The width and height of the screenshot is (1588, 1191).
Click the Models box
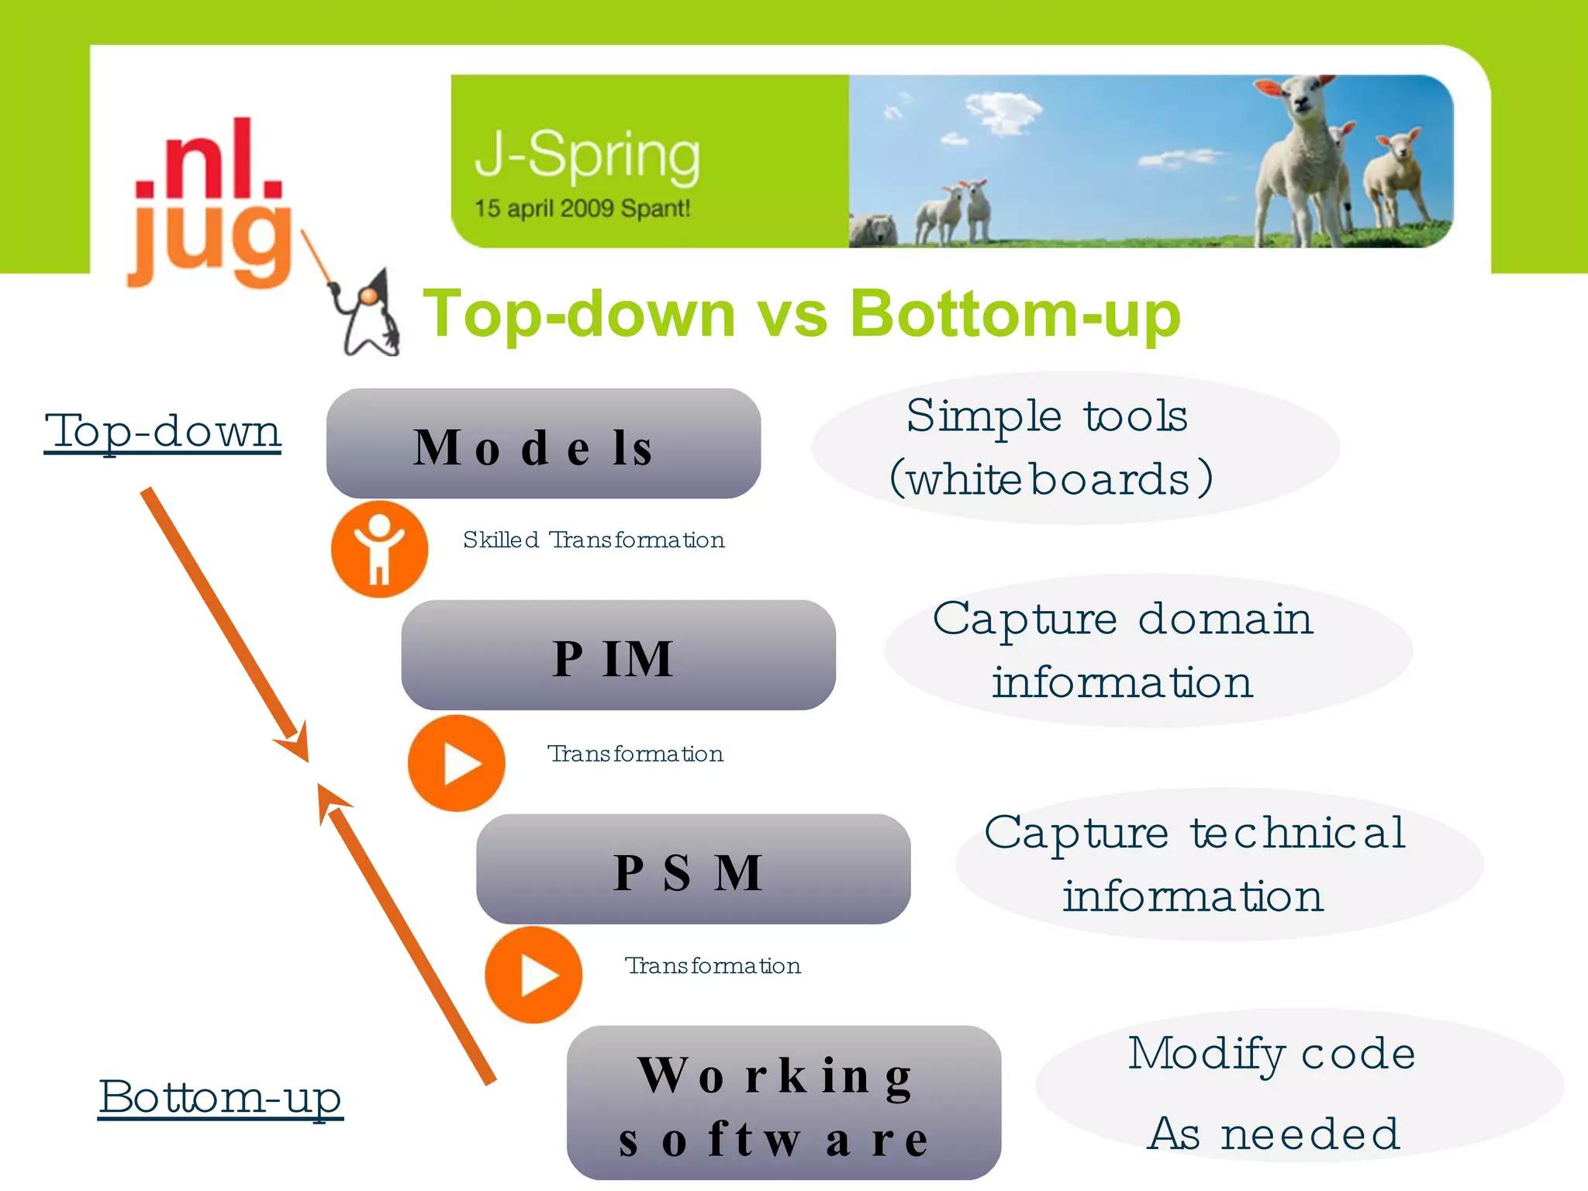click(543, 444)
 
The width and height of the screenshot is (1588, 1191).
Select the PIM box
click(618, 655)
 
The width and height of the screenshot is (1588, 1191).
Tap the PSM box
click(692, 869)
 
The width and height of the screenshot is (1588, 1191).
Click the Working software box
click(783, 1103)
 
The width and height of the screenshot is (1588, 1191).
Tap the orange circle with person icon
click(379, 549)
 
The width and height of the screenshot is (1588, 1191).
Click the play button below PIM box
click(457, 763)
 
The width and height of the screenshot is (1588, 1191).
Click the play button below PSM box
click(533, 975)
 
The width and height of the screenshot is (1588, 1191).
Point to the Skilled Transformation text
click(593, 540)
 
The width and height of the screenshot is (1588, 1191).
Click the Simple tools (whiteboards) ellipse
click(1075, 448)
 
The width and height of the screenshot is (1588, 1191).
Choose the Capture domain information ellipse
click(1148, 651)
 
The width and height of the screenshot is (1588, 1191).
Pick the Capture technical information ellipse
click(1219, 865)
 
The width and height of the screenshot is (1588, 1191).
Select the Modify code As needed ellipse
click(1299, 1086)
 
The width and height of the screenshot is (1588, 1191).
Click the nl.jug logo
click(209, 203)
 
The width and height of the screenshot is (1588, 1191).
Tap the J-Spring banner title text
click(587, 156)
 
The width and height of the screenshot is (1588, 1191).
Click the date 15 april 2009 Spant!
click(582, 209)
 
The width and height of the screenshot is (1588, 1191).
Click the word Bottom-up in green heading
click(1014, 314)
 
